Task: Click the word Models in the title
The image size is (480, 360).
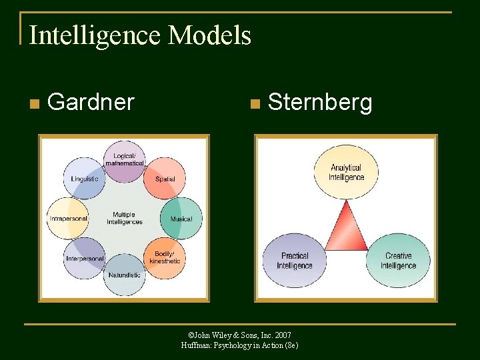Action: click(x=210, y=35)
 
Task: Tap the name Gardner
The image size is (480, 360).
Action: click(x=91, y=102)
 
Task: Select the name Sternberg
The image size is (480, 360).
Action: click(x=319, y=103)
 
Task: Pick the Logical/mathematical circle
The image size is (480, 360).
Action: click(x=124, y=161)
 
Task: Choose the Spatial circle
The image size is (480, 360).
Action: click(x=165, y=178)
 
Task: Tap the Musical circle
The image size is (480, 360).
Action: click(x=181, y=218)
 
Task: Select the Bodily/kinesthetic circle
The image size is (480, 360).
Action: click(x=165, y=257)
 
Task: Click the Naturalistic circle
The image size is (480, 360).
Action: click(x=124, y=274)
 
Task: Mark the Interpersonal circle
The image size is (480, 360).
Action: click(x=85, y=258)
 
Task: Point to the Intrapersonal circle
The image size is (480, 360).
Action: click(x=68, y=218)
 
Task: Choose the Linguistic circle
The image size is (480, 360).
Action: click(x=85, y=178)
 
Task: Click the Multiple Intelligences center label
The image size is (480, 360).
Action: click(x=124, y=218)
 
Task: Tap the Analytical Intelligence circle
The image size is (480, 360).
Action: click(x=346, y=173)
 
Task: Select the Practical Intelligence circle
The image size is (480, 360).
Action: click(x=295, y=260)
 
